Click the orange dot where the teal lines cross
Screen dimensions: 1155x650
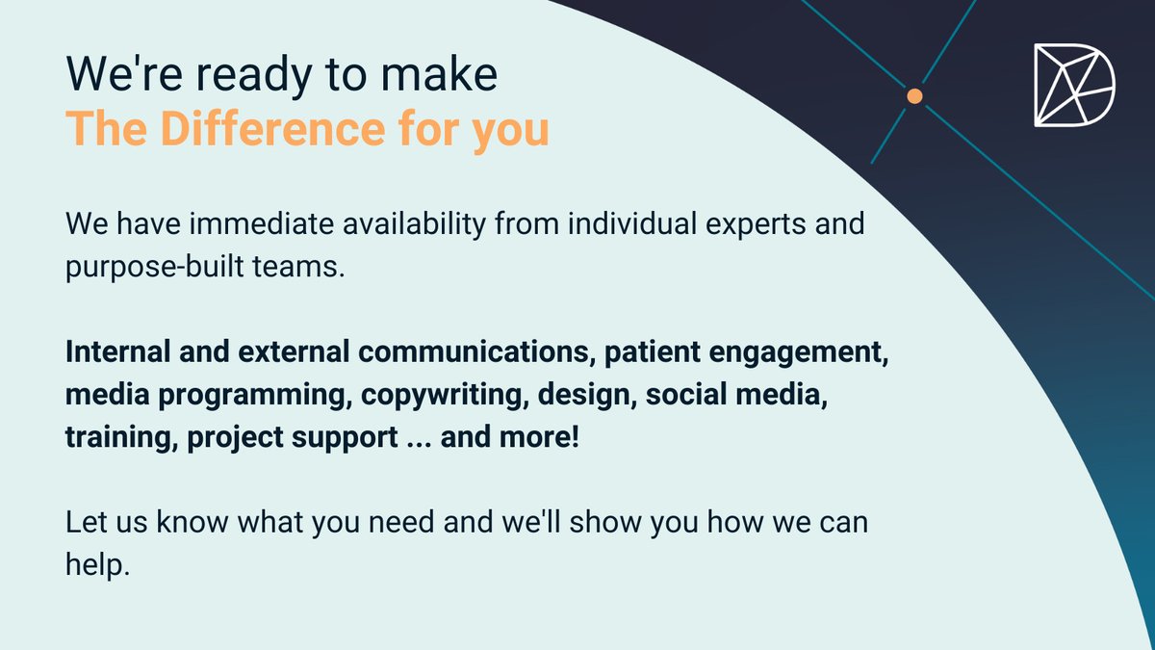pyautogui.click(x=914, y=96)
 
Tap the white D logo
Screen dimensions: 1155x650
pyautogui.click(x=1074, y=85)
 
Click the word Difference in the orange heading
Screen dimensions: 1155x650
pyautogui.click(x=272, y=128)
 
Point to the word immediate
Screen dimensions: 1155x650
pyautogui.click(x=262, y=223)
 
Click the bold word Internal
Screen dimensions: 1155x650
pyautogui.click(x=118, y=351)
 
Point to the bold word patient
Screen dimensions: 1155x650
pyautogui.click(x=653, y=352)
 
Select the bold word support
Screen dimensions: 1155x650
pyautogui.click(x=345, y=438)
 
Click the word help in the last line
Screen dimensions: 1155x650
pyautogui.click(x=97, y=564)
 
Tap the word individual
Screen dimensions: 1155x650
pyautogui.click(x=632, y=223)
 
